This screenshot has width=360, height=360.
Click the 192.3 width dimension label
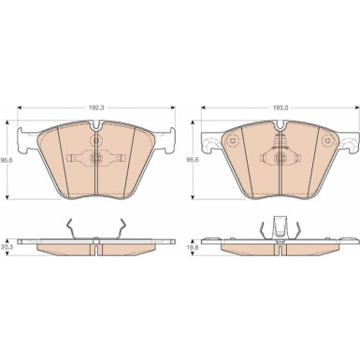pos(96,108)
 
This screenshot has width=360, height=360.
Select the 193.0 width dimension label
pos(281,108)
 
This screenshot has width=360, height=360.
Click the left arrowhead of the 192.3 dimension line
pos(20,108)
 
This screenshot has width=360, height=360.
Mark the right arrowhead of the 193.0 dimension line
pos(357,108)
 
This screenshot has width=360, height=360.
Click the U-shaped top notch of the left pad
pos(96,126)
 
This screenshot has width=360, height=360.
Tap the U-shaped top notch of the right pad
pos(281,126)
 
